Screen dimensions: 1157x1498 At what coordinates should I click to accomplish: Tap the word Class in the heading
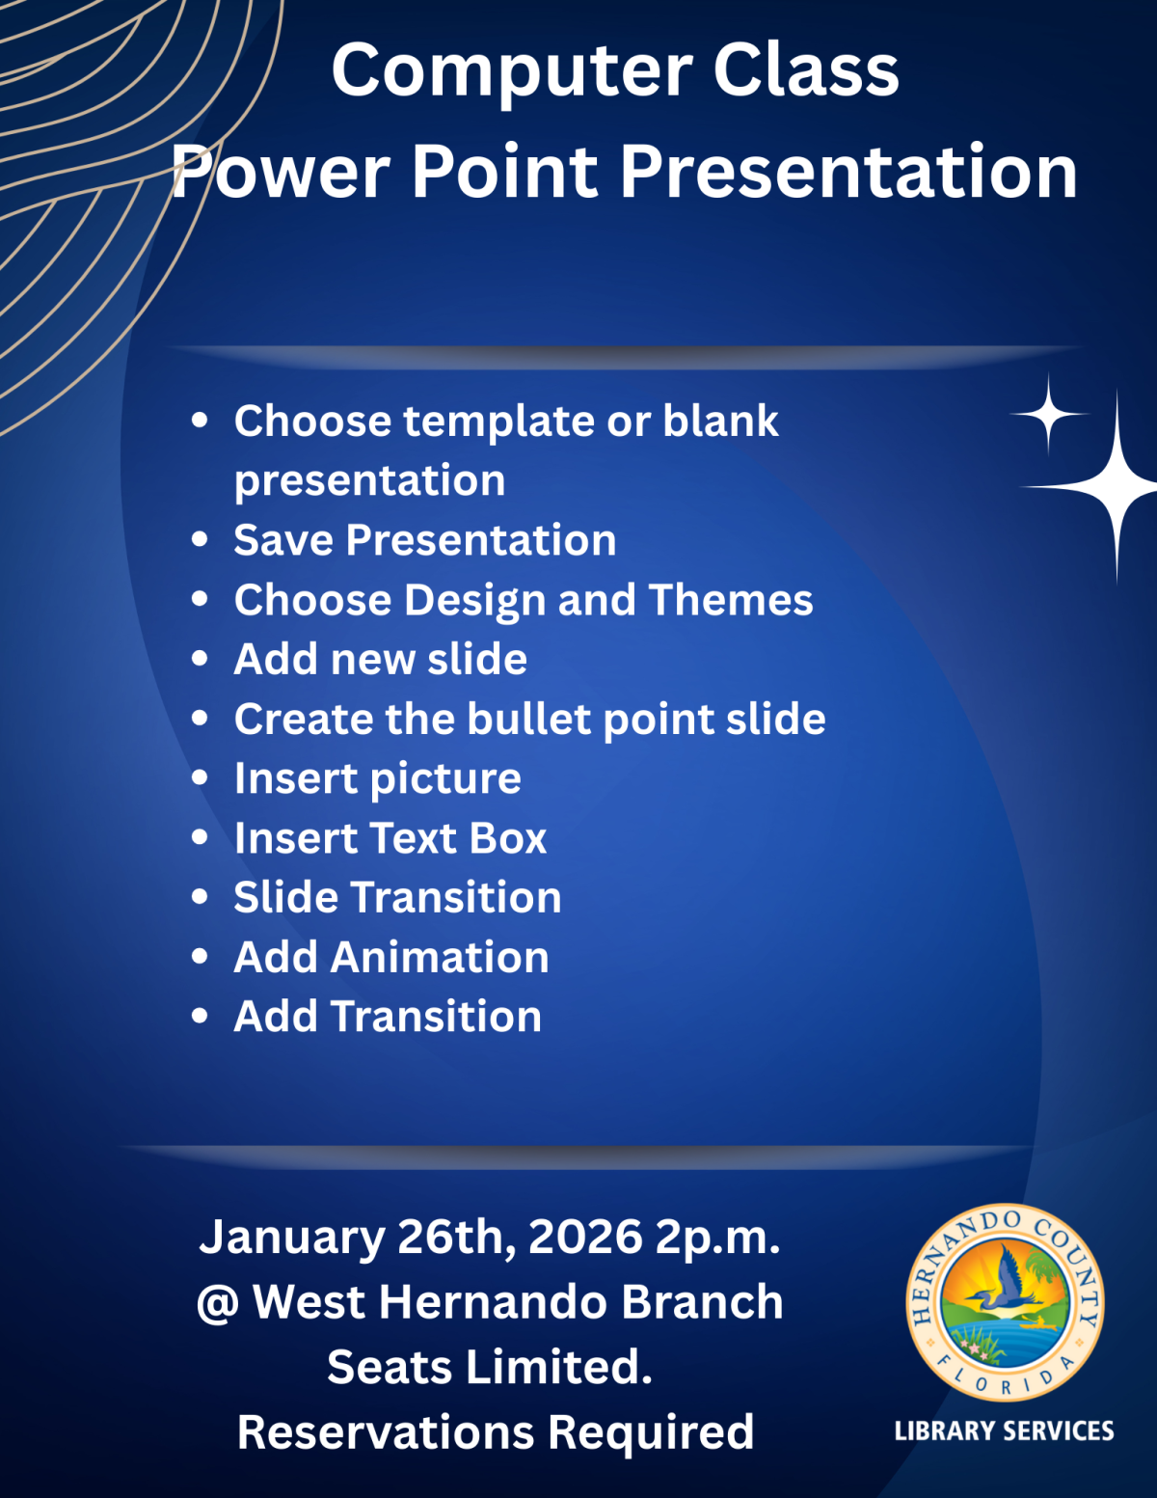806,69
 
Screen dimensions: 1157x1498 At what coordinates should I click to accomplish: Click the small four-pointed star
1049,415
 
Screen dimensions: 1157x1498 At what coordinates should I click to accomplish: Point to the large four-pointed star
1117,487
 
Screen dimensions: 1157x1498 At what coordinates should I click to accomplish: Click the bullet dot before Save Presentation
200,540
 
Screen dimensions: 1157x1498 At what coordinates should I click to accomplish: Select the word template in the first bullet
498,422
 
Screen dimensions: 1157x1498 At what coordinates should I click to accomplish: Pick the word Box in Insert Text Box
508,838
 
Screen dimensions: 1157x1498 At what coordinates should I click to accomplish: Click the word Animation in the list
440,958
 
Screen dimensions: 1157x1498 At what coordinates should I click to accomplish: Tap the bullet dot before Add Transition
200,1016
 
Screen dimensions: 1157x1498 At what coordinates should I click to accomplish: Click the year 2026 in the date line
586,1238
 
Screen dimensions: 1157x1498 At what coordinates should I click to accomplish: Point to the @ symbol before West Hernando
218,1303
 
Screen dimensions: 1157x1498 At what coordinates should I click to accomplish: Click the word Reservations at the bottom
386,1432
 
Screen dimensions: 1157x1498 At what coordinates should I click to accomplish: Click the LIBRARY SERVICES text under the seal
1004,1431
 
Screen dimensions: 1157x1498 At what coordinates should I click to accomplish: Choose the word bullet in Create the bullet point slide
531,719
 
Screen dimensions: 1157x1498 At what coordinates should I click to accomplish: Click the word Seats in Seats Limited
390,1367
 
